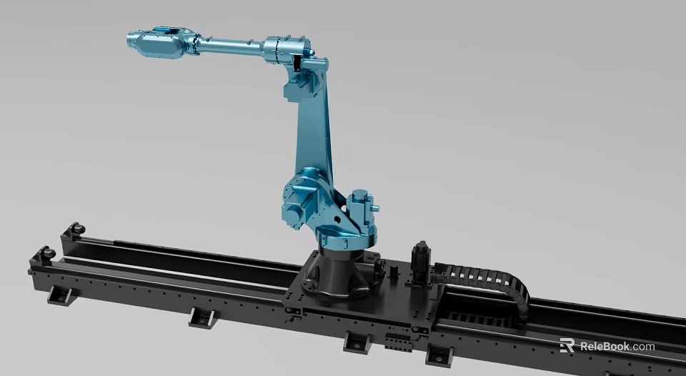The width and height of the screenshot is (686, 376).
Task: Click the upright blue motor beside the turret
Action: [361, 203]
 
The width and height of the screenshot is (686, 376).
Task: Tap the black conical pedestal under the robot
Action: [336, 275]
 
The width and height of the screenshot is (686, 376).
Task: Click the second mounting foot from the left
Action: [202, 317]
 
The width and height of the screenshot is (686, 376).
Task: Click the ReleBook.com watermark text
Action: [617, 347]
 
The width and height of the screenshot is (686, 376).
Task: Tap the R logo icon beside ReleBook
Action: [567, 346]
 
